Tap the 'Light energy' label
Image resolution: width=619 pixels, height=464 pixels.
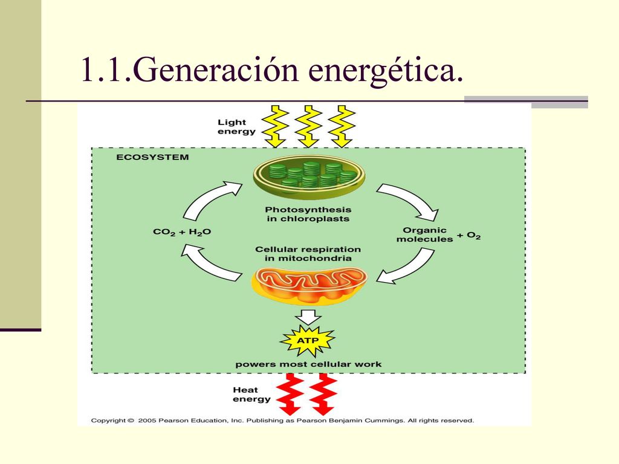point(236,127)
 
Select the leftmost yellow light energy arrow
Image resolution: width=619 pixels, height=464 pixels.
point(275,126)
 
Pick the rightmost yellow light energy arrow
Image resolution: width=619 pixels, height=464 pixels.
point(342,126)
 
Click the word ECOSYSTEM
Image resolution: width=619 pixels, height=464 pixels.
point(152,157)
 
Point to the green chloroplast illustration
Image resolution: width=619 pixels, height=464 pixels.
point(309,176)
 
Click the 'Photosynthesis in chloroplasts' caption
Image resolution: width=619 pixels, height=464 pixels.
point(308,214)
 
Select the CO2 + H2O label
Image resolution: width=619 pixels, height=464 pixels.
point(182,232)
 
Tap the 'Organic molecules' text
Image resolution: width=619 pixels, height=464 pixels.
point(424,234)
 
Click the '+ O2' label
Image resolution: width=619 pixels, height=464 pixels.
point(468,236)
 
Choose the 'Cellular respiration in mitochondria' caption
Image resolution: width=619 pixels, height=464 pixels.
point(308,254)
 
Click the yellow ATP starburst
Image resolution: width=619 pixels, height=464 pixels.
point(308,341)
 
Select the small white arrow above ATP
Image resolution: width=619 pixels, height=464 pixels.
point(308,317)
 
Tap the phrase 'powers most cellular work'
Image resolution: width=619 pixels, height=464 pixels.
point(308,364)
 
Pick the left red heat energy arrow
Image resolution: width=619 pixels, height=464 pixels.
point(290,395)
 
